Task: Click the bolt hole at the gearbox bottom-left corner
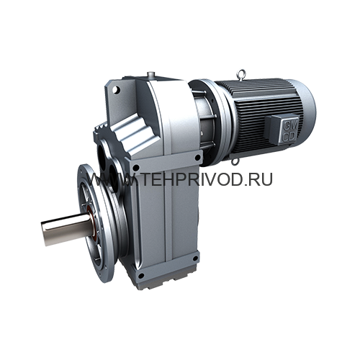coord(141,276)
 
